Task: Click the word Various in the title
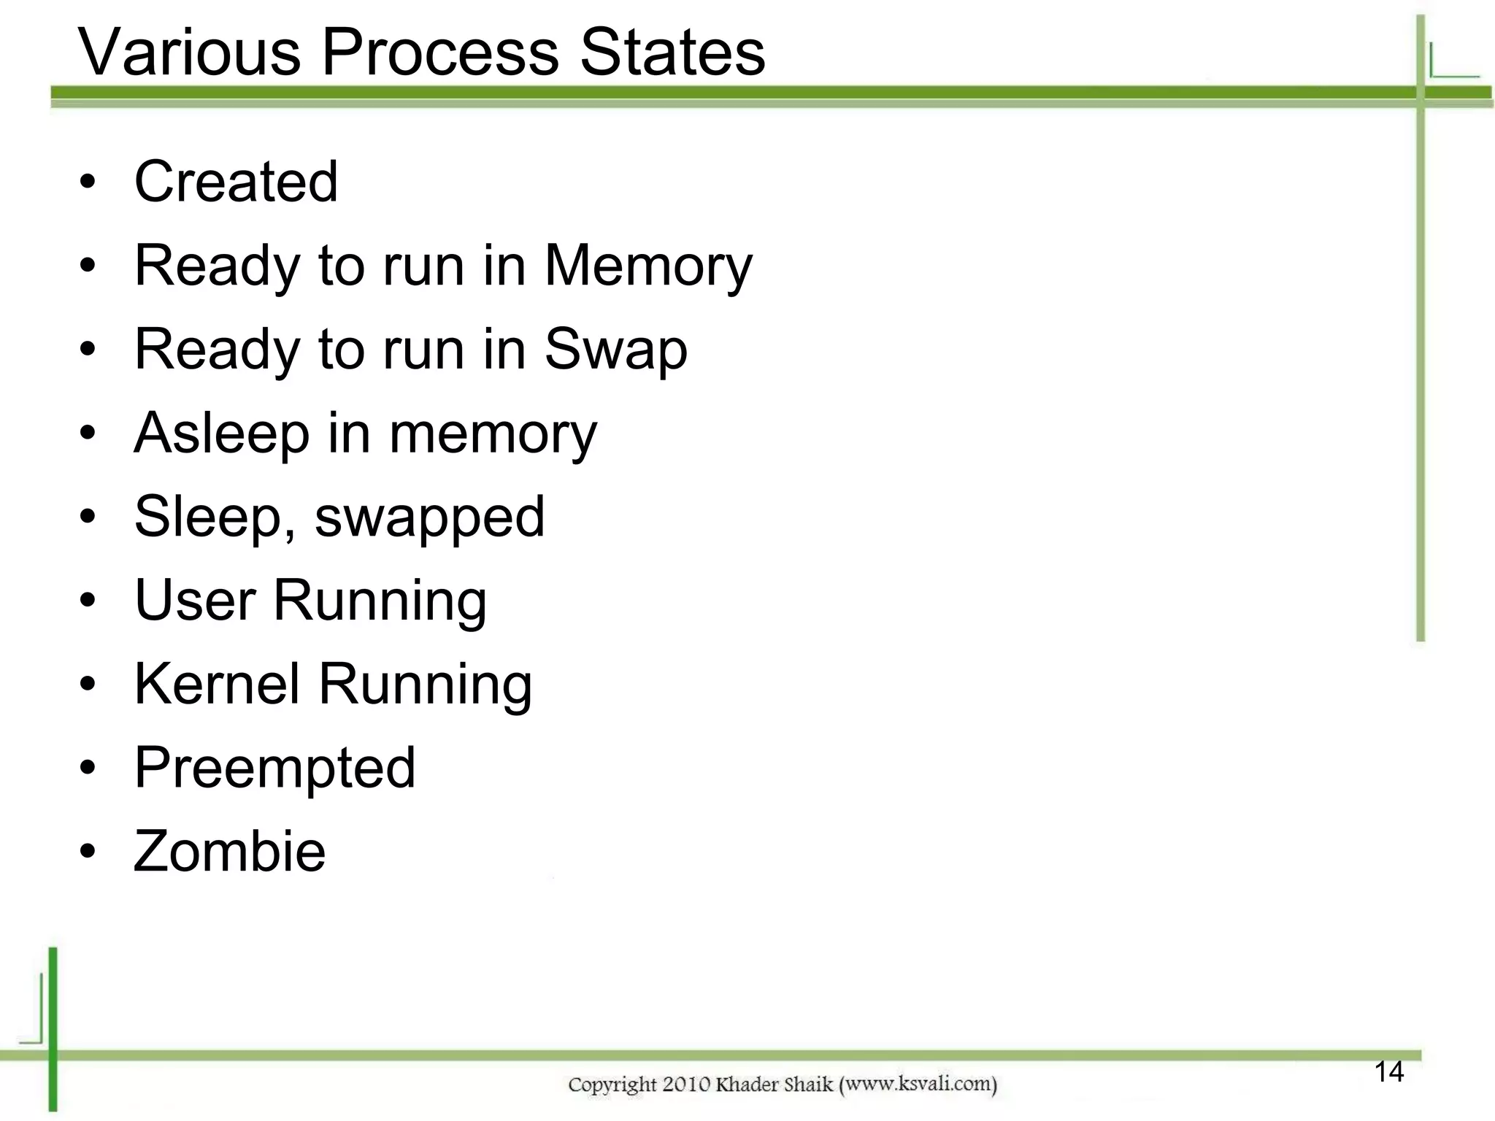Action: (189, 53)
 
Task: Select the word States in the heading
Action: (672, 53)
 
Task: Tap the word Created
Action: (236, 182)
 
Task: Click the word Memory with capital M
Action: (648, 266)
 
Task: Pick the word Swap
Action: (615, 350)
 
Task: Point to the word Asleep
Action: (222, 434)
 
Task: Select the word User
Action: (195, 601)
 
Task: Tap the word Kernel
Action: (217, 685)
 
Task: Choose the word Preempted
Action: (274, 768)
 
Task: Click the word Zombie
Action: (229, 852)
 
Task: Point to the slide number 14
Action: (1388, 1072)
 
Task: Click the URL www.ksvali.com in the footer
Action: (918, 1085)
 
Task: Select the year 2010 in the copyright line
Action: (686, 1085)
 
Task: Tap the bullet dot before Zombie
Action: (88, 852)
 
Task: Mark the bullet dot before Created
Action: (88, 182)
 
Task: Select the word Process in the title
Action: (440, 53)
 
